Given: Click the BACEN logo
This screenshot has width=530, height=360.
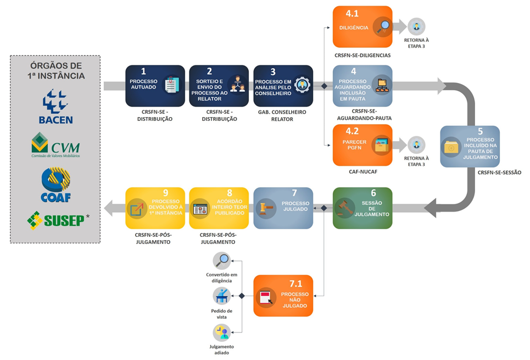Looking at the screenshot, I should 55,107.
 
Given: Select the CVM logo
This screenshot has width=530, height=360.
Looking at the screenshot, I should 55,145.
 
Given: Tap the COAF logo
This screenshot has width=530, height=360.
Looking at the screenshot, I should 55,185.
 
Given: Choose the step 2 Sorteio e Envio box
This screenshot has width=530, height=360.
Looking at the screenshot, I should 219,86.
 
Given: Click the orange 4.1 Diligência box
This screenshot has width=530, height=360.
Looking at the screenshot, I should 362,26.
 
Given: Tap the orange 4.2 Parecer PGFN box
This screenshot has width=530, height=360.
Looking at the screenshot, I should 362,145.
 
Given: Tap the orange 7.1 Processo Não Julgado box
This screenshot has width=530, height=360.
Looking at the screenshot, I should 283,295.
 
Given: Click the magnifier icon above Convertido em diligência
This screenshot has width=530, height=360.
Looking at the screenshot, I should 222,261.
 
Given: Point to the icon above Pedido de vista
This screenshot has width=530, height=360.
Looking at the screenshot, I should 222,296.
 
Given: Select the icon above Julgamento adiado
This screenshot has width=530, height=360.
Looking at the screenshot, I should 222,333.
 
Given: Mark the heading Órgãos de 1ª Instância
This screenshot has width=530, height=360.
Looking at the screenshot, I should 55,70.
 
